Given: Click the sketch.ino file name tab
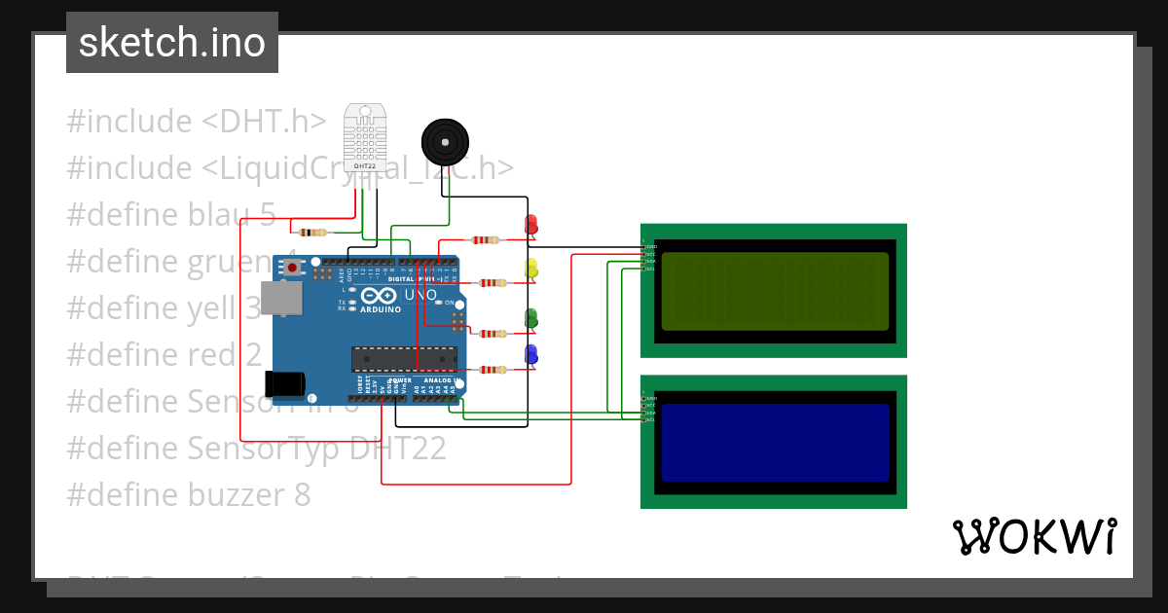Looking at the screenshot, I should (x=172, y=43).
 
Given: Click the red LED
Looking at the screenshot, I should (x=530, y=226).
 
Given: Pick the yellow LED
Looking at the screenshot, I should (x=530, y=269).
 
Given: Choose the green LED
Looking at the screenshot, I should (x=530, y=318).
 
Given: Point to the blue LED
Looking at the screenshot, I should (x=530, y=354).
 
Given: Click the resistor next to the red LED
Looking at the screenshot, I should (x=485, y=239).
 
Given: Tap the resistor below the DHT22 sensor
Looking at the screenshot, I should (x=311, y=232).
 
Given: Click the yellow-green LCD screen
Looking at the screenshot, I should (x=775, y=291).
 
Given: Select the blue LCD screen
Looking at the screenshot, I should (x=775, y=443).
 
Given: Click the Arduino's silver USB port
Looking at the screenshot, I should (x=282, y=299).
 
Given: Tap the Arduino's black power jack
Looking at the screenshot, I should (x=285, y=384).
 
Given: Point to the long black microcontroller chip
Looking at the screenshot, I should (x=403, y=359).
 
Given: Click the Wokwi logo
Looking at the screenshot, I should (x=1034, y=536).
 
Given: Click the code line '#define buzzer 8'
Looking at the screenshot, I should (x=189, y=495).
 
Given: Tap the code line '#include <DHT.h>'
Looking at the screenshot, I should (x=198, y=122).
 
